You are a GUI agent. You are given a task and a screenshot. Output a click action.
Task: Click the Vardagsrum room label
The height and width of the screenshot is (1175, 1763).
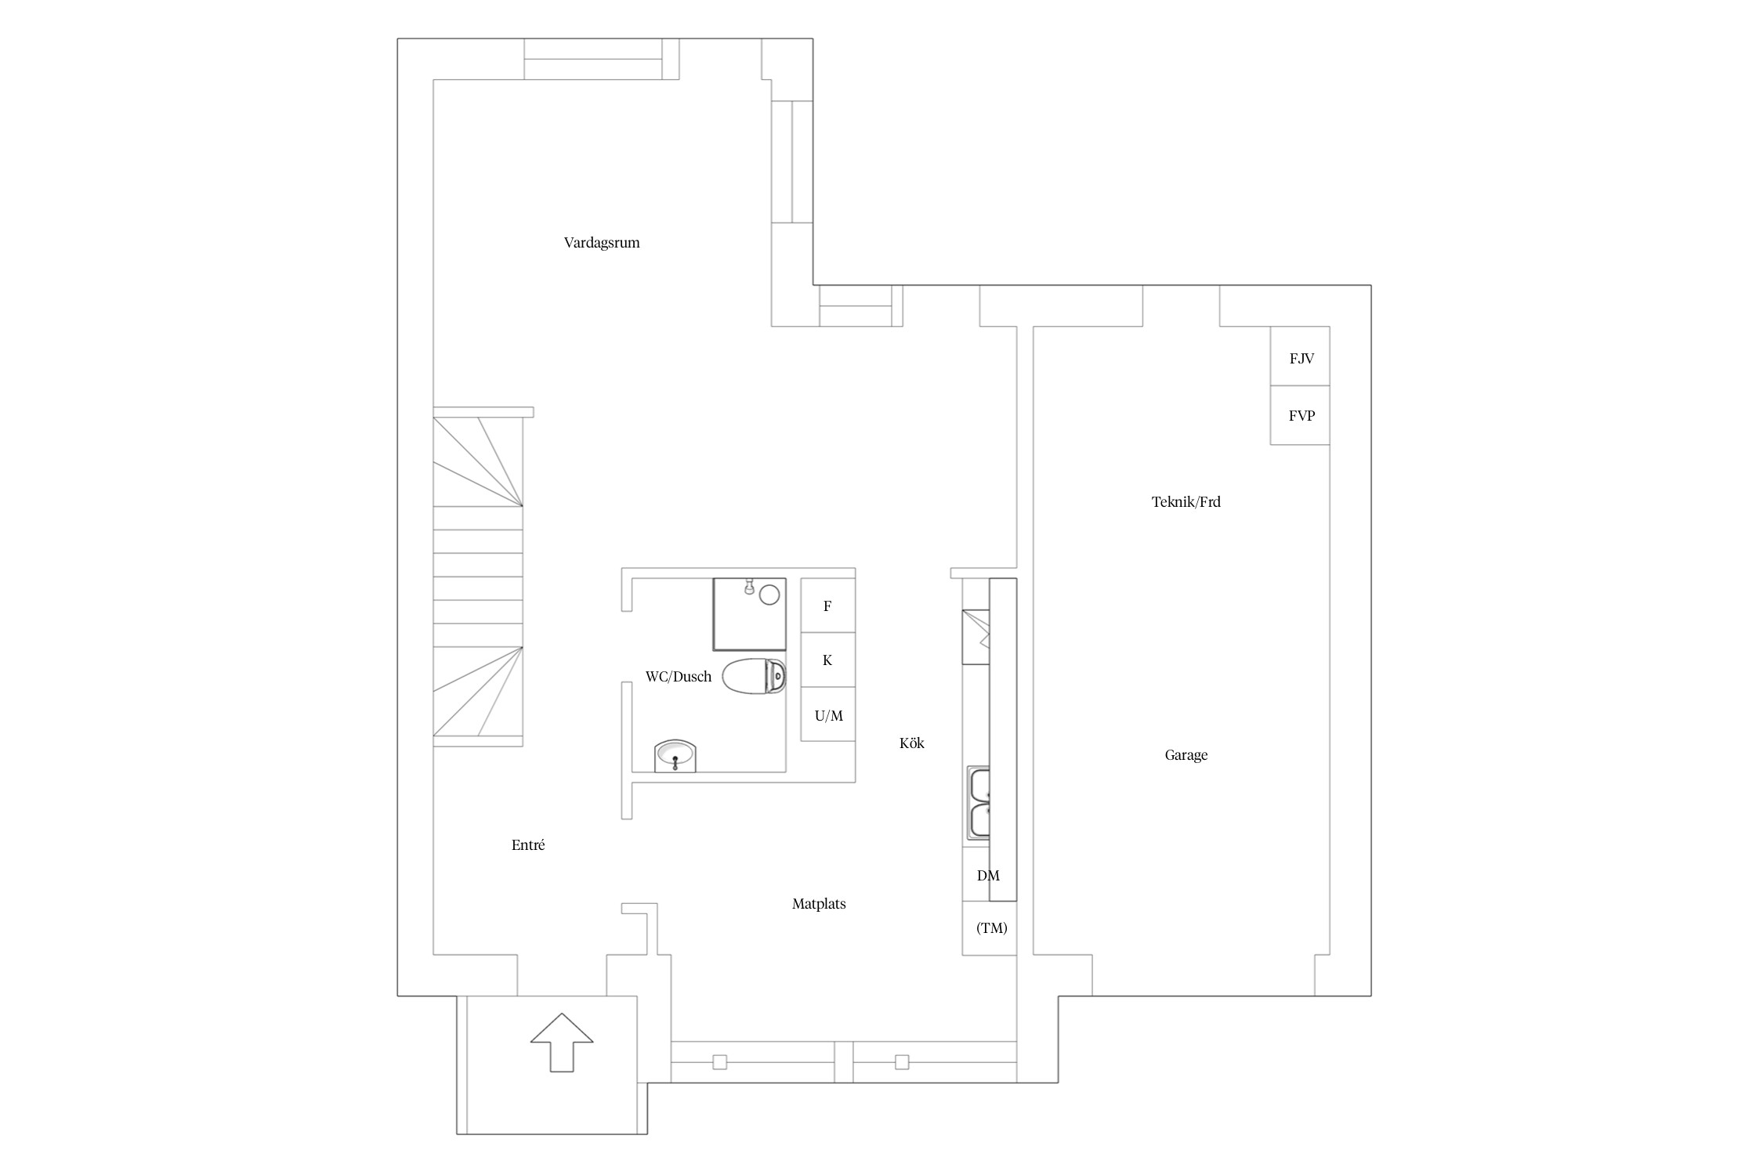pos(602,243)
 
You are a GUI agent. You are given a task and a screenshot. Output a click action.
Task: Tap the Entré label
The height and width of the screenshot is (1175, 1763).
pos(528,845)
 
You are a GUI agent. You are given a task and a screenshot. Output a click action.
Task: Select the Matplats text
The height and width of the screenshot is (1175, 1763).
pos(819,904)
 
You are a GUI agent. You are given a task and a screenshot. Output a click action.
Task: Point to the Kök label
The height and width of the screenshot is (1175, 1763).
pos(912,743)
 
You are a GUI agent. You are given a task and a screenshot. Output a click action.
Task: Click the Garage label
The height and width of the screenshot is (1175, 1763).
pos(1186,755)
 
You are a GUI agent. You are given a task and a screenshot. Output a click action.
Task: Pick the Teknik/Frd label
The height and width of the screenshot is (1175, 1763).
pos(1186,502)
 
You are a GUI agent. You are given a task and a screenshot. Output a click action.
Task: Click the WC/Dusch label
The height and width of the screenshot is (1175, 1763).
pos(679,677)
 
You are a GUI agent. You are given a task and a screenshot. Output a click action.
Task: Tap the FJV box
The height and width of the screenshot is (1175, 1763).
pos(1300,356)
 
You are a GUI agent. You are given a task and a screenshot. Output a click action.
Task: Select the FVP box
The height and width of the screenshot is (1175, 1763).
pos(1300,415)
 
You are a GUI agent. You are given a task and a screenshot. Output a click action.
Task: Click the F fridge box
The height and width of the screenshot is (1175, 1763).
pos(827,606)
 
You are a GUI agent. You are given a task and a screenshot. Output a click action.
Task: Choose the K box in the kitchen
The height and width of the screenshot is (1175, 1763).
pos(827,660)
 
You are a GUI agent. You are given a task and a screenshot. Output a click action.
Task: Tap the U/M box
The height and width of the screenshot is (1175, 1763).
pos(827,714)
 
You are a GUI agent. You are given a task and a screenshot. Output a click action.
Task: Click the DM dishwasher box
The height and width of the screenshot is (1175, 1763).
pos(989,875)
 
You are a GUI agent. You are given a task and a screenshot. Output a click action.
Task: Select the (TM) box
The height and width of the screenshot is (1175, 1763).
pos(990,928)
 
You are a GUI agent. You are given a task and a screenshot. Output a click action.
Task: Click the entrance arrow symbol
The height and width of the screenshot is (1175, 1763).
pos(562,1042)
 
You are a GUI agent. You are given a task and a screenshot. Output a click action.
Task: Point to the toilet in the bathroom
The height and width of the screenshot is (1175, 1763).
pos(755,677)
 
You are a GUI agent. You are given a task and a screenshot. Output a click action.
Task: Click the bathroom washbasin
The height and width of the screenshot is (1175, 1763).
pos(675,756)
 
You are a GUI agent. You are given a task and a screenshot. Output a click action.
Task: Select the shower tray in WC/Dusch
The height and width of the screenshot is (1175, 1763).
pos(749,614)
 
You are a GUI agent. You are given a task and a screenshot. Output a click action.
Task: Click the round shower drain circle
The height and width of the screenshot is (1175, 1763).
pos(769,595)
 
